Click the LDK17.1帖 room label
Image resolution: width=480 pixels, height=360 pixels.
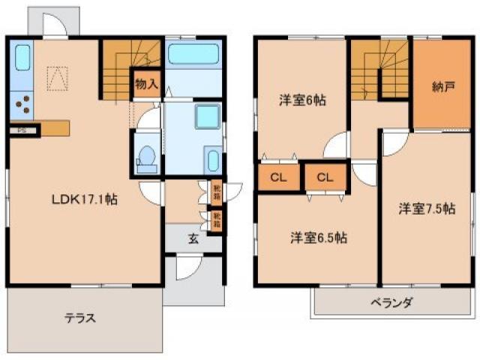point(82,199)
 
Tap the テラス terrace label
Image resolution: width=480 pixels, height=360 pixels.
point(79,317)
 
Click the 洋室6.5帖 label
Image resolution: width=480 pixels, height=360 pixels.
point(319,238)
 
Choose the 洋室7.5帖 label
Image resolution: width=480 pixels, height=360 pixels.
point(426,209)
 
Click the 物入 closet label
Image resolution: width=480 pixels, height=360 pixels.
point(145,84)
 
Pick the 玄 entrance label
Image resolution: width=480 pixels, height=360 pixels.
point(193,239)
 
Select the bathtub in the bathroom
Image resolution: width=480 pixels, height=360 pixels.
point(193,54)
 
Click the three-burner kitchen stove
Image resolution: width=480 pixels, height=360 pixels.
point(22,104)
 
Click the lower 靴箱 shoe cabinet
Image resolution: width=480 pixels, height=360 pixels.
point(216,220)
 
